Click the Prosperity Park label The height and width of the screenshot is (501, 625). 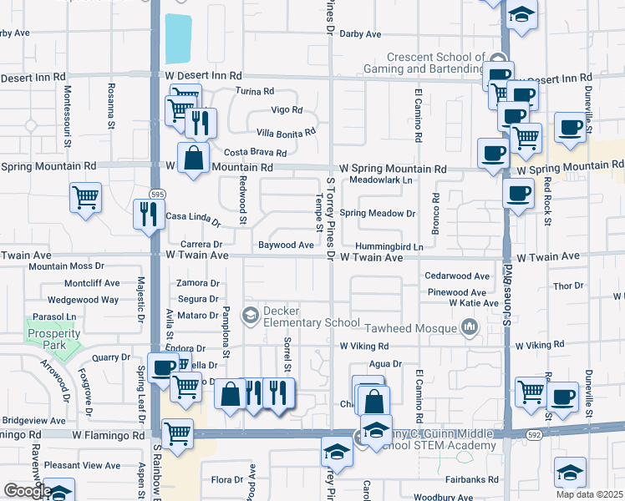pos(53,339)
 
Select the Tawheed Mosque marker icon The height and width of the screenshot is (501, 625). pos(469,327)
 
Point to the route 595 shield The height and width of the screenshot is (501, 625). pos(159,194)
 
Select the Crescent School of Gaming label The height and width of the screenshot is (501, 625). pos(429,62)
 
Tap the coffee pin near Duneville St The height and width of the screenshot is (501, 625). pos(571,128)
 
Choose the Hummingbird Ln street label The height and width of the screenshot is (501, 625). pos(388,247)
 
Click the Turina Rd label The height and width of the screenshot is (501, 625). pos(255,91)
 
